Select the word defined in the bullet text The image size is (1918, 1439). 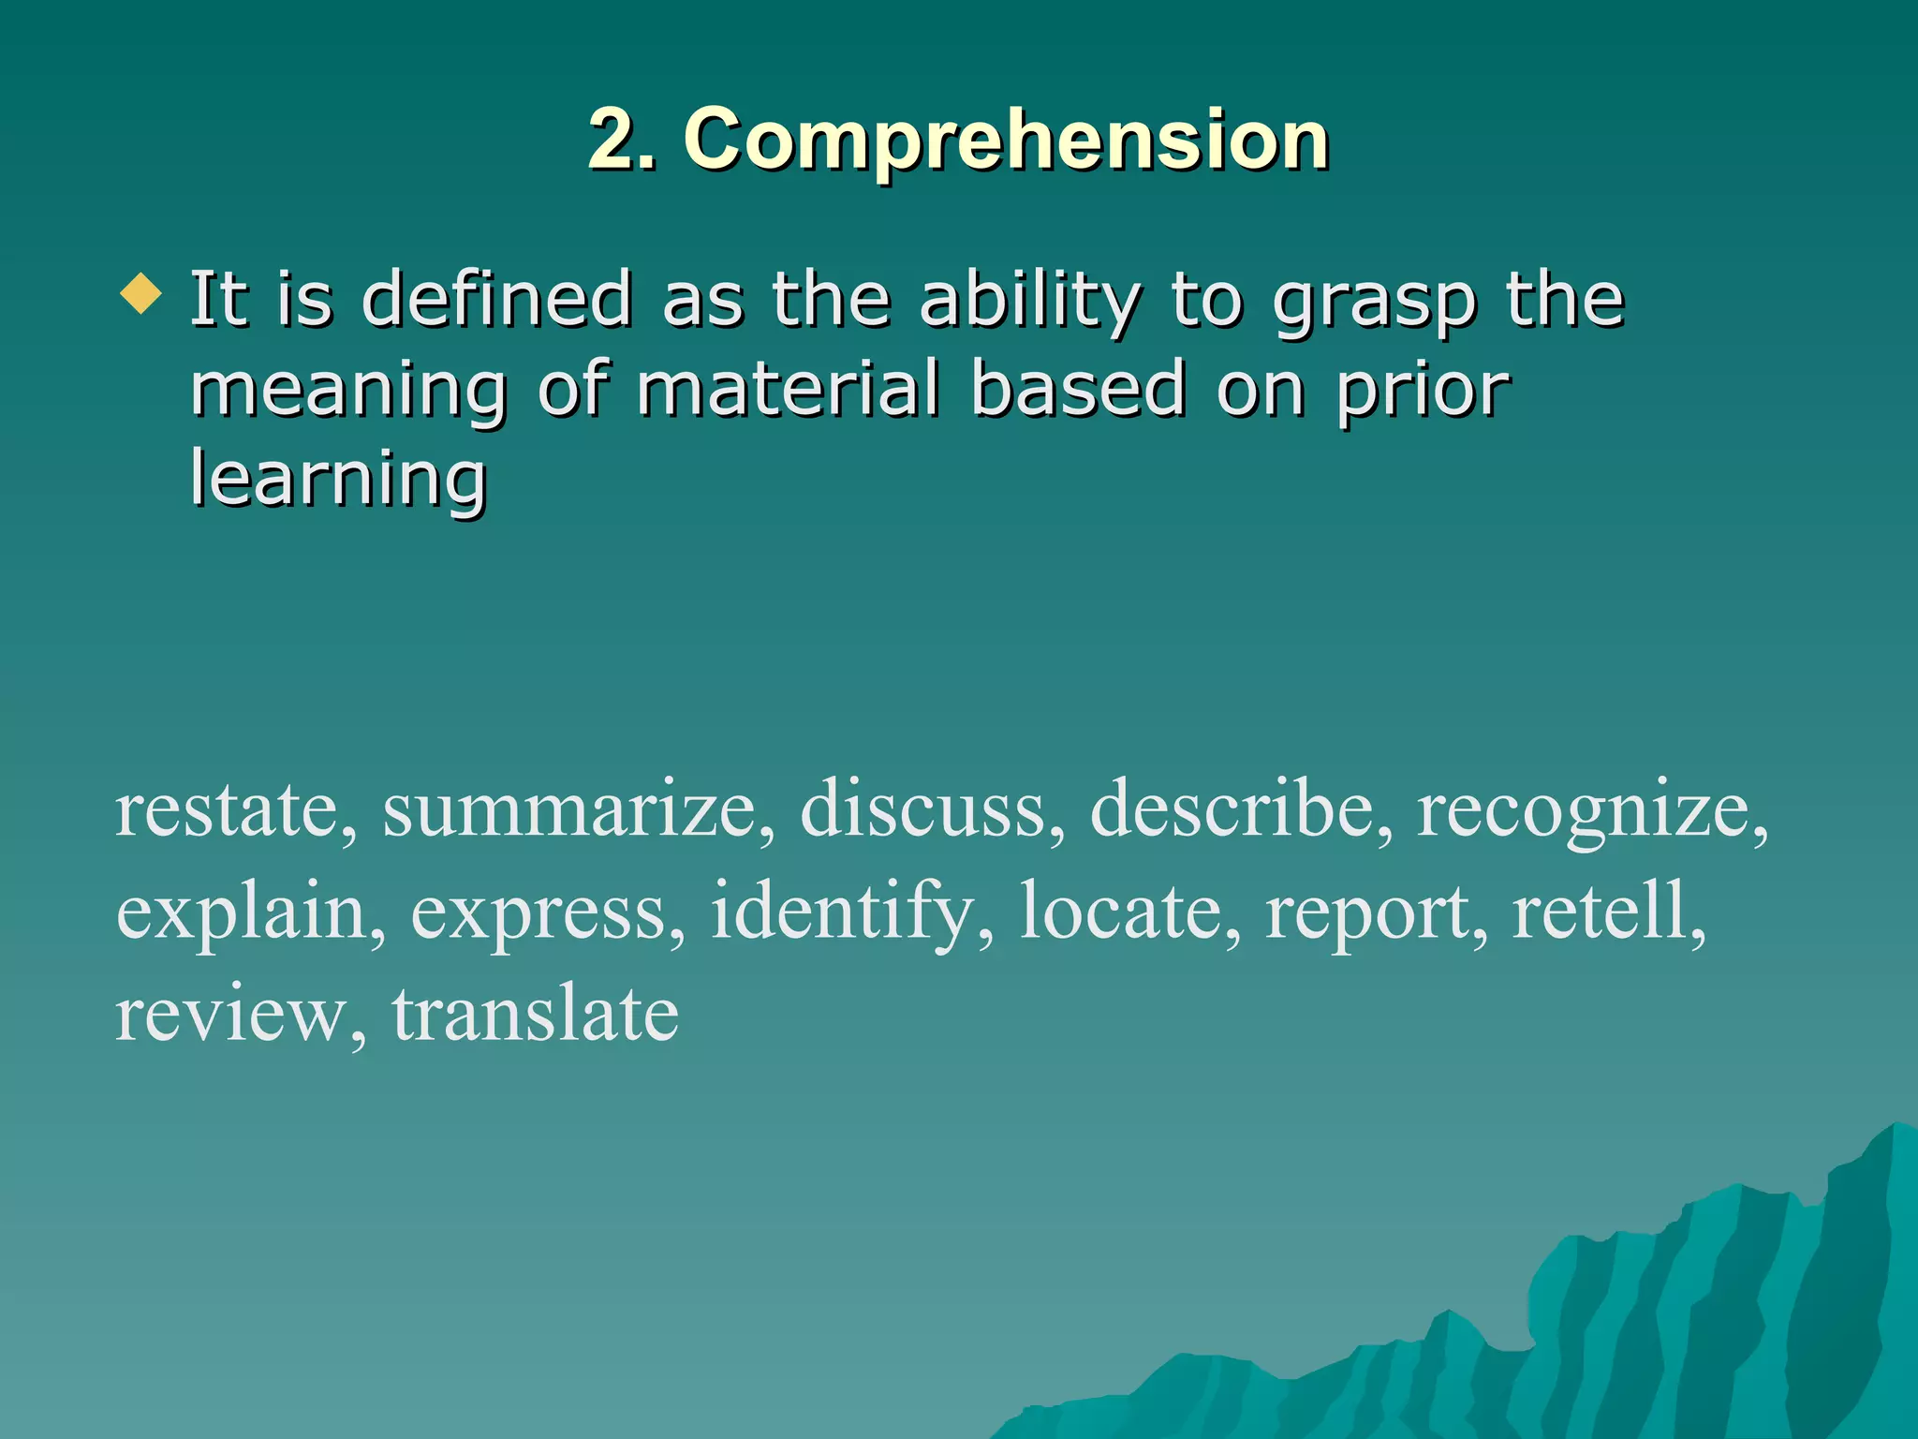click(x=496, y=299)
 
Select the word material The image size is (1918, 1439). click(x=788, y=388)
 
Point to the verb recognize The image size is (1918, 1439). click(x=1583, y=810)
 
